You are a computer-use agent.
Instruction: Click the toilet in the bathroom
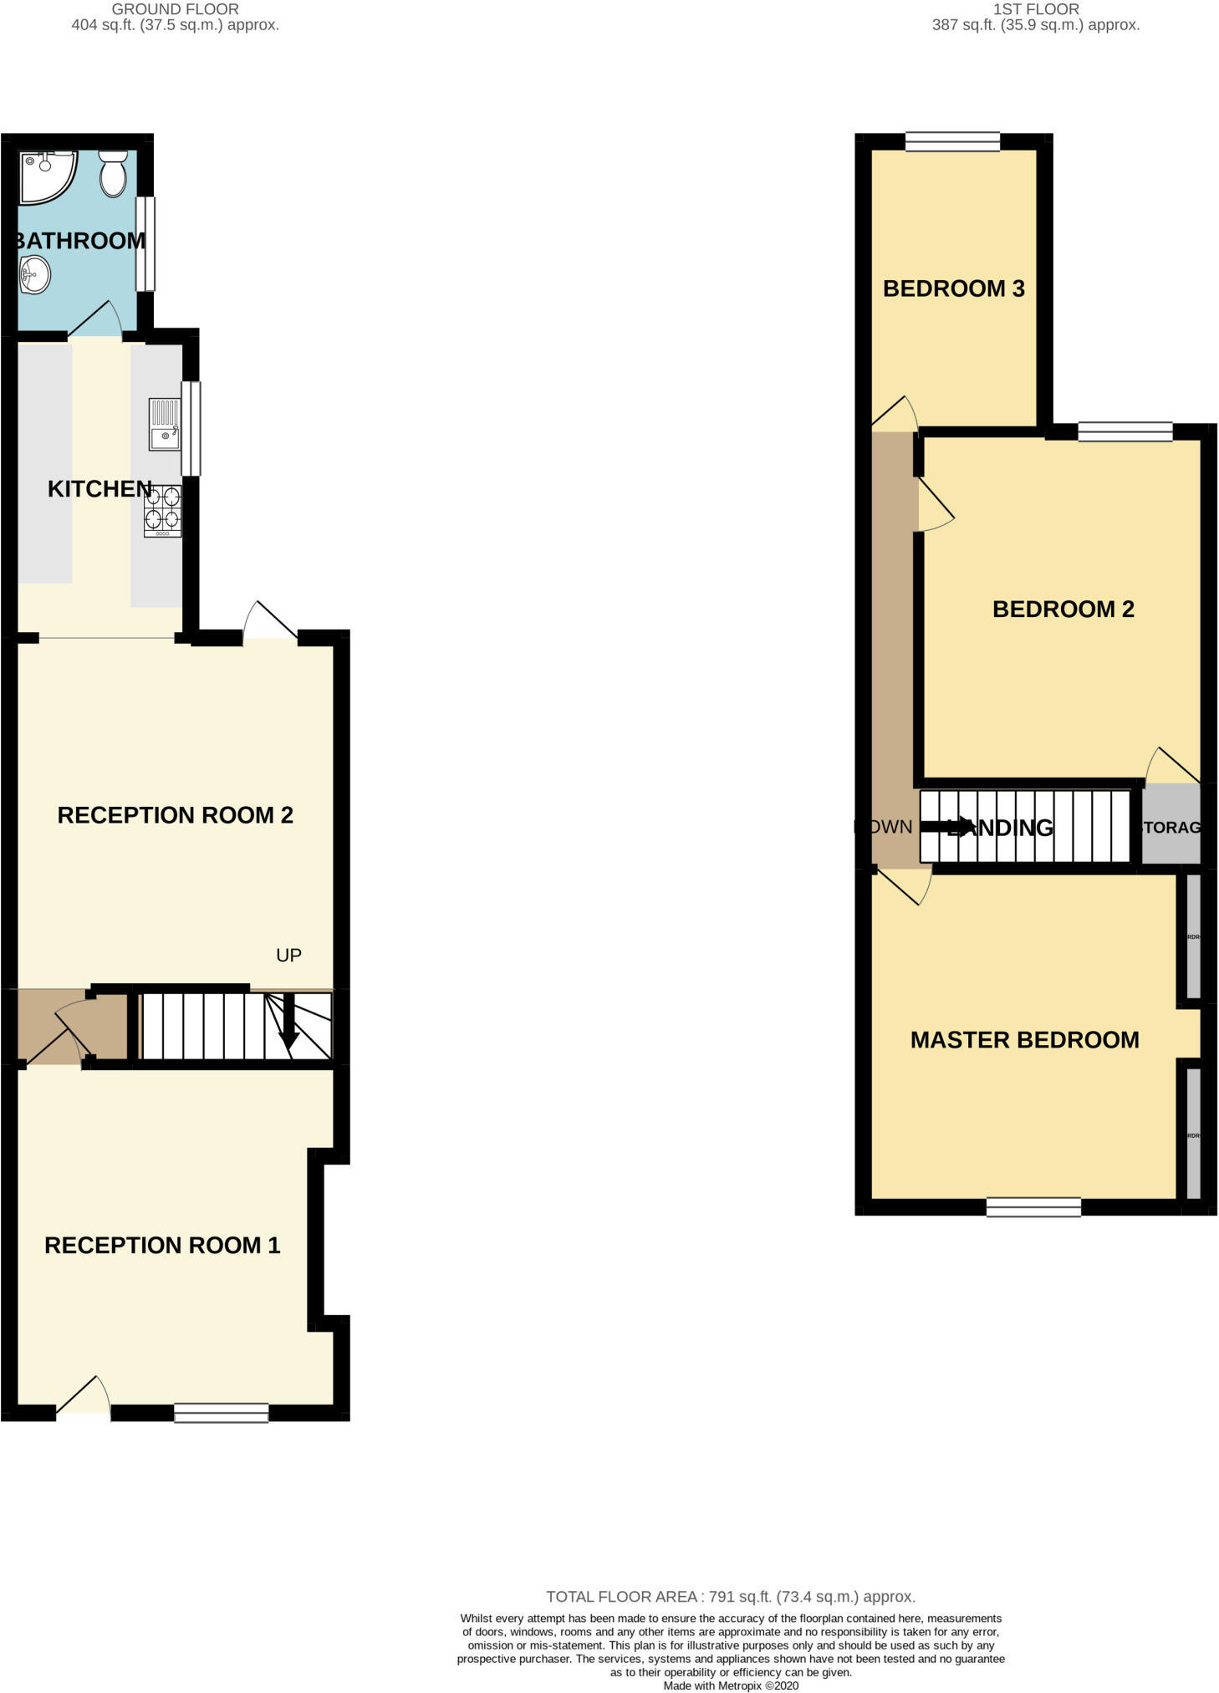tap(112, 173)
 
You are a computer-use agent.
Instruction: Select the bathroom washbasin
tap(35, 274)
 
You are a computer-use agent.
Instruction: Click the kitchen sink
tap(164, 425)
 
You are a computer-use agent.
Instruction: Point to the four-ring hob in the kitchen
tap(162, 510)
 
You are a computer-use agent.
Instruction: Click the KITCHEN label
tap(99, 489)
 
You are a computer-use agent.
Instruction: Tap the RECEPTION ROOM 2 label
tap(175, 815)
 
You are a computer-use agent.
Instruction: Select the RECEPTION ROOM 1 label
tap(162, 1246)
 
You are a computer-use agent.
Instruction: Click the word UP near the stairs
tap(288, 955)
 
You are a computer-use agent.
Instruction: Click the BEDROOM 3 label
tap(953, 288)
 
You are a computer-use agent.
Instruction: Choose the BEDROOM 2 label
tap(1063, 609)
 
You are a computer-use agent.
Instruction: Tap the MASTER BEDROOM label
tap(1024, 1040)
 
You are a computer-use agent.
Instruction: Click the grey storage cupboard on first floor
tap(1171, 826)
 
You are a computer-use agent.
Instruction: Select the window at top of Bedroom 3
tap(952, 142)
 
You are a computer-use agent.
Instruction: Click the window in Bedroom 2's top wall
tap(1125, 431)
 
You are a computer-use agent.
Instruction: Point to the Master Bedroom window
tap(1033, 1206)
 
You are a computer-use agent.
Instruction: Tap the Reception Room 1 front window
tap(222, 1412)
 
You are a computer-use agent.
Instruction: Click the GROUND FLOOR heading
tap(175, 10)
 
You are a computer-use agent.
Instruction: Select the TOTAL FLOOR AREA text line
tap(730, 1597)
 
